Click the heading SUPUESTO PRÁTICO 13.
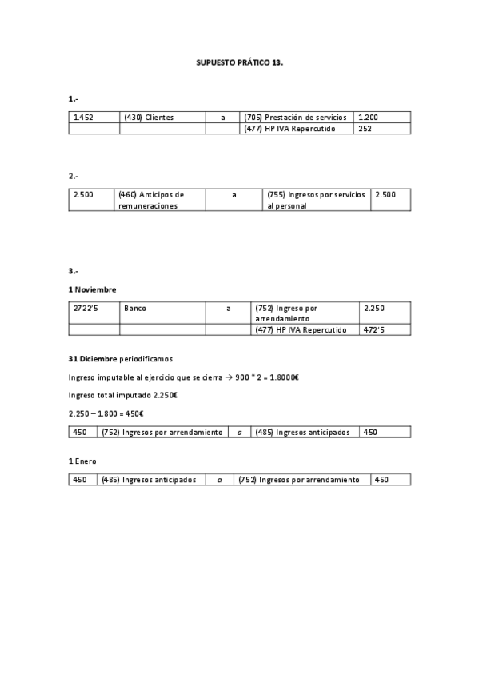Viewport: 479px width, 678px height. coord(239,61)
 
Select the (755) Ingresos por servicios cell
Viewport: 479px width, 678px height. coord(315,200)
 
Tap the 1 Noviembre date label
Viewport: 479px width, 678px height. coord(93,289)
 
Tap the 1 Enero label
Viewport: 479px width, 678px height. coord(82,461)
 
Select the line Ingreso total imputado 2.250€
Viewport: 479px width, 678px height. coord(122,395)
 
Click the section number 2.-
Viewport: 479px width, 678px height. coord(74,175)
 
